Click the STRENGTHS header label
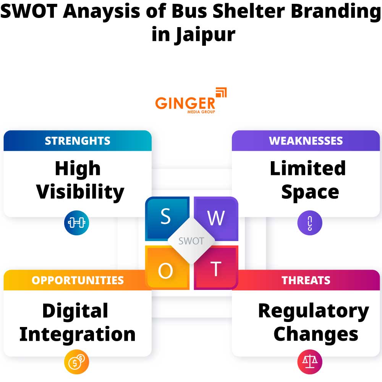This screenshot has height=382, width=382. [x=78, y=141]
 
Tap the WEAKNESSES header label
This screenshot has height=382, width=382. [x=306, y=141]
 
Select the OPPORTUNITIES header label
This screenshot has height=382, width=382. [x=78, y=280]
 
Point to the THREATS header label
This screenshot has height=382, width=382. [x=306, y=280]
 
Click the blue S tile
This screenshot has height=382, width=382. [x=165, y=217]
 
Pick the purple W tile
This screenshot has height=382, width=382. [x=216, y=217]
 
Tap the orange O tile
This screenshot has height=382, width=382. [x=165, y=270]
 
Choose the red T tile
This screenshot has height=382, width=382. [x=216, y=269]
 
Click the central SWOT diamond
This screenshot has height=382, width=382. [x=191, y=241]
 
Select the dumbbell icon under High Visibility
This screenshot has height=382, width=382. [x=76, y=222]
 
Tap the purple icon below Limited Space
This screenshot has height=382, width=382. [x=310, y=222]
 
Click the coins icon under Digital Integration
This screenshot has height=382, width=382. [x=76, y=361]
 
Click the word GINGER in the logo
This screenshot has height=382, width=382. [x=185, y=102]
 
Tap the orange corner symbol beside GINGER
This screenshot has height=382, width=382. [x=221, y=93]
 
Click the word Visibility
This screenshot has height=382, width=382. [x=80, y=192]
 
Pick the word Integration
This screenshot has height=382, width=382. [x=78, y=334]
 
